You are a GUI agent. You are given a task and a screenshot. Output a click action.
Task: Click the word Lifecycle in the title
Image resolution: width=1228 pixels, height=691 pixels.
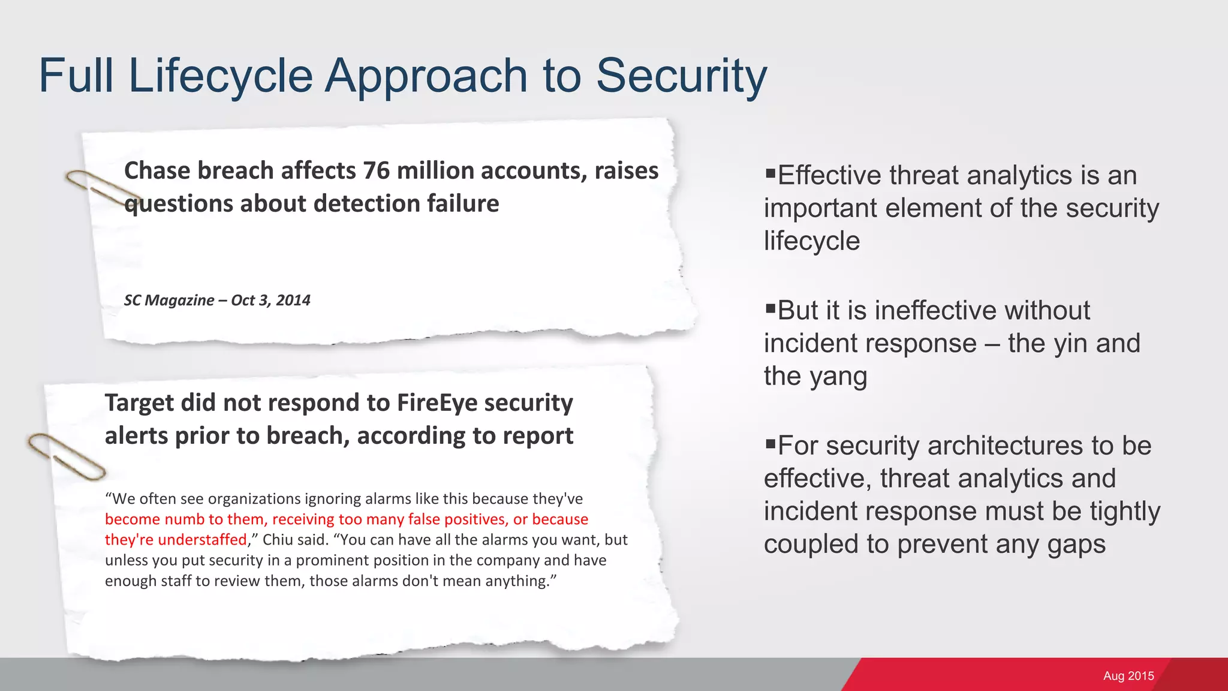point(220,76)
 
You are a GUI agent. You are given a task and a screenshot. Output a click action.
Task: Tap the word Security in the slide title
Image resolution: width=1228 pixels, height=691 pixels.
point(681,76)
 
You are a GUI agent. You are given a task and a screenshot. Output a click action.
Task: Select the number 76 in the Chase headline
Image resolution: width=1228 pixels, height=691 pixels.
point(376,171)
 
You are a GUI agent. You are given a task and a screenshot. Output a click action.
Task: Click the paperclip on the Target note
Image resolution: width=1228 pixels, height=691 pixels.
point(66,456)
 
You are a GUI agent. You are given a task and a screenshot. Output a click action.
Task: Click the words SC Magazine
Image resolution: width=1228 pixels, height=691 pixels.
point(168,300)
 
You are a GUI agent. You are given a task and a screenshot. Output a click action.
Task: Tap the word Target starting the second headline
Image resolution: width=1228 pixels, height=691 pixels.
point(139,402)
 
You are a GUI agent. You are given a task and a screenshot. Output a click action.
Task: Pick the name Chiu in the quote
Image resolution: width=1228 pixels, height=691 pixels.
point(278,540)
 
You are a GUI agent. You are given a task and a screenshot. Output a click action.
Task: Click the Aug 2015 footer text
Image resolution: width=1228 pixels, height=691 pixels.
point(1128,676)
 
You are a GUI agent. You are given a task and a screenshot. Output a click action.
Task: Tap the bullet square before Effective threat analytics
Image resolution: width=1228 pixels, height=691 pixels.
point(770,174)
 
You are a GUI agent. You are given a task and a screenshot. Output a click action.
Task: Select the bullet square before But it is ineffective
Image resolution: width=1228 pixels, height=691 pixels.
point(770,309)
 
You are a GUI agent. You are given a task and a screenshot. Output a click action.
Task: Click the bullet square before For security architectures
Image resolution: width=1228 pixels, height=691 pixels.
point(770,444)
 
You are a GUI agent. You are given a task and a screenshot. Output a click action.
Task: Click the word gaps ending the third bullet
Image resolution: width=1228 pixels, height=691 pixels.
point(1076,545)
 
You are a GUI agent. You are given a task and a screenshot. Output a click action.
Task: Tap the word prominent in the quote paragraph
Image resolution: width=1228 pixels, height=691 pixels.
point(332,560)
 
